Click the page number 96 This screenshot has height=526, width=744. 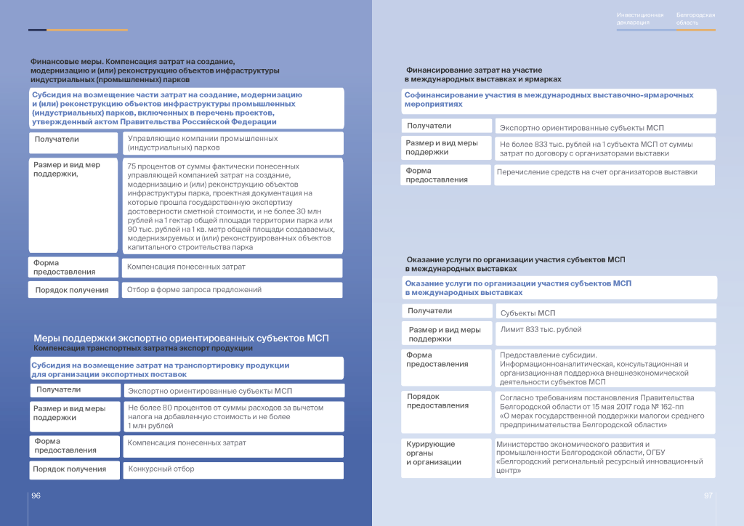coord(36,495)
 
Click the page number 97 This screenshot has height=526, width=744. coord(708,495)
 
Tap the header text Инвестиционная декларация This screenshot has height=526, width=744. coord(640,19)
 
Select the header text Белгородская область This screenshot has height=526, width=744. coord(695,19)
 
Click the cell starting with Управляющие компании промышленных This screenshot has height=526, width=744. coord(232,143)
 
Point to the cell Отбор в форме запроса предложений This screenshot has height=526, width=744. coord(231,290)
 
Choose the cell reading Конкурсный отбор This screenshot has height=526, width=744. coord(232,469)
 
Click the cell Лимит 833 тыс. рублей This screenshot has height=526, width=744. coord(604,331)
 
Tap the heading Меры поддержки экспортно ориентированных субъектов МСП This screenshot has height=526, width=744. coord(181,339)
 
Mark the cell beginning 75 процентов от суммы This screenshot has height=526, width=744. coord(231,206)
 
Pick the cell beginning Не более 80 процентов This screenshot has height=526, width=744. coord(232,416)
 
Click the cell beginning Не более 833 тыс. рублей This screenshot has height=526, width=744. coord(604,149)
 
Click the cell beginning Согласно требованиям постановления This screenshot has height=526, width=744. coord(604,412)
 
